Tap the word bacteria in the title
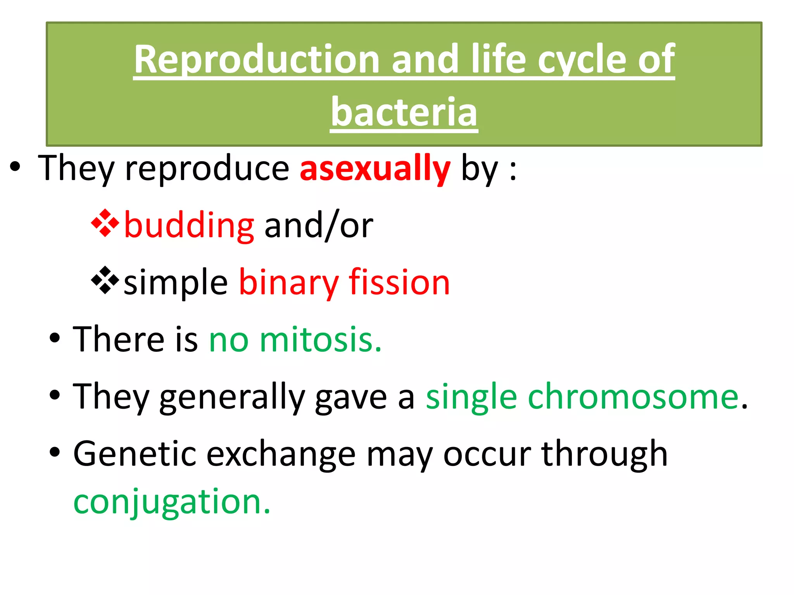click(404, 112)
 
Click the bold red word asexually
click(375, 168)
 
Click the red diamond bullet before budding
click(105, 223)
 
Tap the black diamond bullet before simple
click(105, 280)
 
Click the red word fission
click(399, 282)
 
